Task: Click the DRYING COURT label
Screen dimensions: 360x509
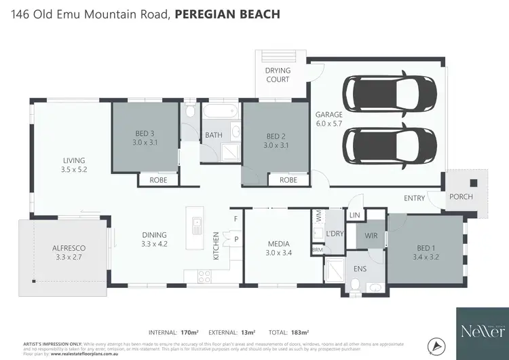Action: coord(278,75)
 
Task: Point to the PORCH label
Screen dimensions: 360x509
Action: coord(461,197)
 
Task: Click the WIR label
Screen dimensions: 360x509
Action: coord(371,236)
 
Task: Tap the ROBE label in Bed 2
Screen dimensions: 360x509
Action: coord(288,180)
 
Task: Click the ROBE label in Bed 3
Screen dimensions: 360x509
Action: coord(159,180)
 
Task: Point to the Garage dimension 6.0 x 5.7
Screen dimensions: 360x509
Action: coord(329,124)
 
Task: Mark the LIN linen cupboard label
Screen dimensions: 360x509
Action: coord(353,215)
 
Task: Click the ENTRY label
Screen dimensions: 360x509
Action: coord(414,198)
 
